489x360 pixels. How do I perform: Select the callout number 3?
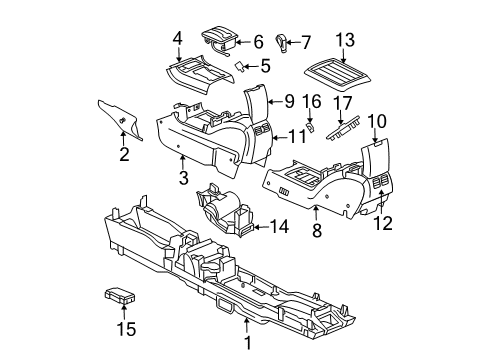(183, 178)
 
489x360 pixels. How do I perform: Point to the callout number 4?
(177, 39)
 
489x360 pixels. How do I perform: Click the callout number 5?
(265, 67)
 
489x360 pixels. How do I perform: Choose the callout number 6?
(258, 42)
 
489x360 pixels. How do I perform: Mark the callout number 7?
(305, 42)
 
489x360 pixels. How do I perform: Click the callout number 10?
(377, 121)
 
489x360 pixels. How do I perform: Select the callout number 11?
(297, 136)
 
